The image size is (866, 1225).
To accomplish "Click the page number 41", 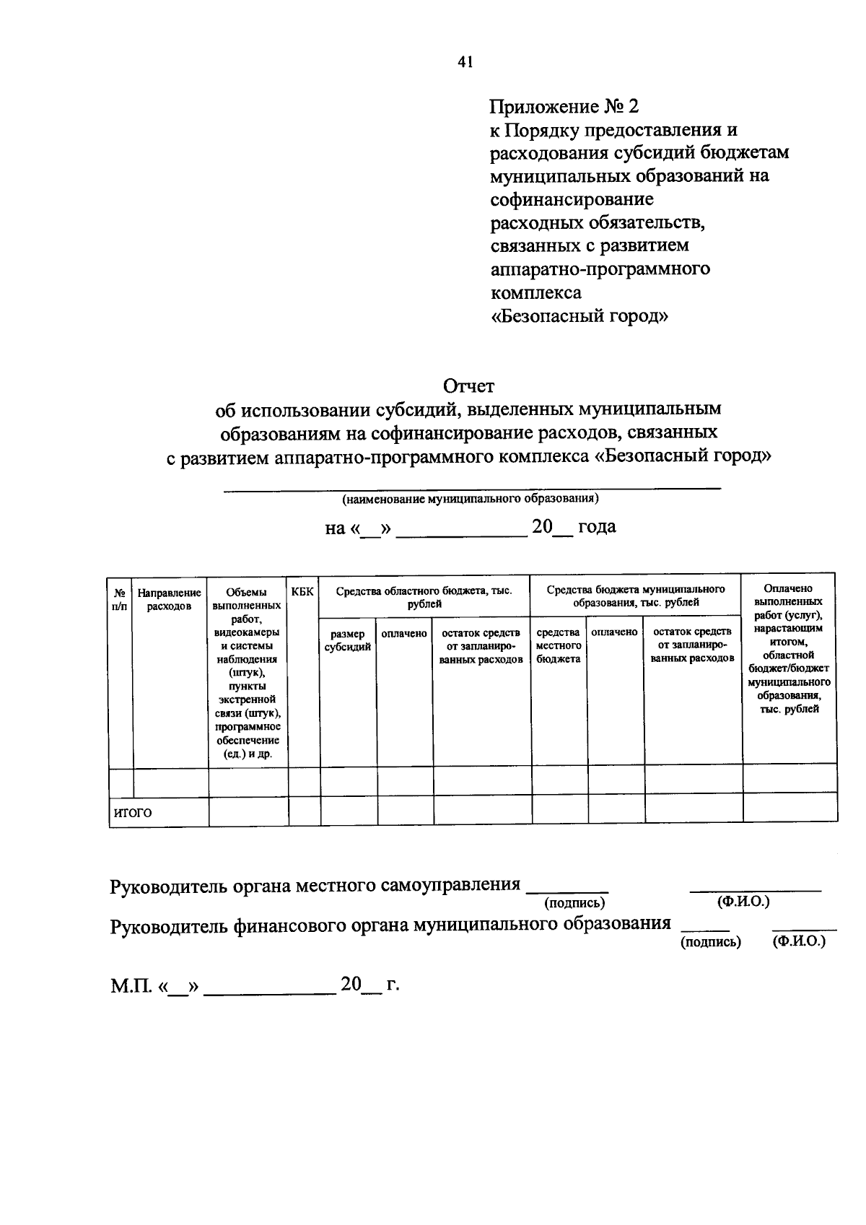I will (x=464, y=63).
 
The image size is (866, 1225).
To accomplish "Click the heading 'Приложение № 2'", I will (x=564, y=107).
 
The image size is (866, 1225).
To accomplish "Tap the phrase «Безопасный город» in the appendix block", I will (x=579, y=315).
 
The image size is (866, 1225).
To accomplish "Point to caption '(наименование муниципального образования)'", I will (x=471, y=499).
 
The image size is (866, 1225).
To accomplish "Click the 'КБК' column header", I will (x=302, y=592).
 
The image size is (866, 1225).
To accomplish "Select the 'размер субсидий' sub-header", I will (x=347, y=640).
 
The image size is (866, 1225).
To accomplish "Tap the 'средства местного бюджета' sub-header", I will (x=558, y=645).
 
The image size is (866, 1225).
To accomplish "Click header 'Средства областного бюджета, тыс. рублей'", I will (x=424, y=597).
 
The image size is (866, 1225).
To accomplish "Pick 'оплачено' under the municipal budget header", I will (x=614, y=632).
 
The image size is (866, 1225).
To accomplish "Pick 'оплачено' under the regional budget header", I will (x=404, y=633).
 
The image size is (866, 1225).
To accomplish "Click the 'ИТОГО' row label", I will (x=134, y=812).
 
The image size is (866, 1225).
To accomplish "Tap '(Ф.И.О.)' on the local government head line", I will (x=743, y=902).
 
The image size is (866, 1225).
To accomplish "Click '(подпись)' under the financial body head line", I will (x=710, y=942).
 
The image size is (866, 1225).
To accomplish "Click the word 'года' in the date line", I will (x=596, y=527).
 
